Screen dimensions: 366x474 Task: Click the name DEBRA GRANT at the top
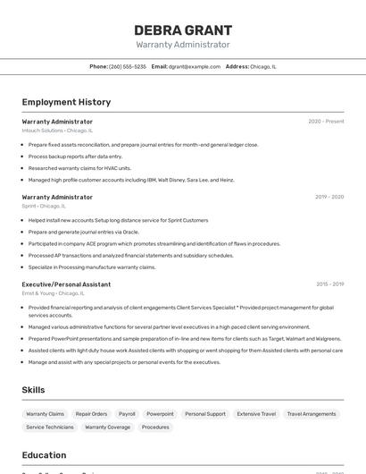[x=183, y=30]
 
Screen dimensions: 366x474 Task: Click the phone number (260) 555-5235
[x=128, y=66]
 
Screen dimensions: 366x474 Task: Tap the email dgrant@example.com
[x=195, y=66]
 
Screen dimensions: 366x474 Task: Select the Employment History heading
[x=66, y=102]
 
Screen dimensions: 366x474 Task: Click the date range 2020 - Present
[x=326, y=122]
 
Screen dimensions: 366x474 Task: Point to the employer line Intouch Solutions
[x=57, y=131]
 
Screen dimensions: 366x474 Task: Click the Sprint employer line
[x=44, y=206]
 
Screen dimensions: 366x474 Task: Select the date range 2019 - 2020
[x=329, y=197]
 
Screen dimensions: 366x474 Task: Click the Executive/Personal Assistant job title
[x=66, y=284]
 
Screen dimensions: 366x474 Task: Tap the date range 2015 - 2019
[x=329, y=284]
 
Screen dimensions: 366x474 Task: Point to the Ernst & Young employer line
[x=53, y=293]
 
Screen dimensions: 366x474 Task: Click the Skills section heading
[x=34, y=390]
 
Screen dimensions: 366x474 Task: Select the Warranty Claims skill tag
[x=45, y=414]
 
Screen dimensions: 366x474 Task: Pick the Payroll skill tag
[x=127, y=414]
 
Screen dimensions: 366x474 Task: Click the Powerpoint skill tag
[x=160, y=414]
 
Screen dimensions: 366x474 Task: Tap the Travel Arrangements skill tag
[x=312, y=414]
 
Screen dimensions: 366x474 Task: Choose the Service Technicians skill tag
[x=50, y=427]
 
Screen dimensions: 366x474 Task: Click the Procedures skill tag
[x=155, y=427]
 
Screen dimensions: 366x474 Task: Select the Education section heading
[x=44, y=454]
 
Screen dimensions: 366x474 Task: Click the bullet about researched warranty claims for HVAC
[x=79, y=168]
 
